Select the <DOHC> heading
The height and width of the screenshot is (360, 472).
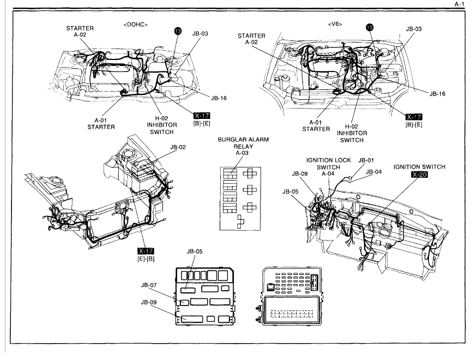(136, 24)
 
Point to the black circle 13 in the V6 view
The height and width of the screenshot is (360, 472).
(370, 27)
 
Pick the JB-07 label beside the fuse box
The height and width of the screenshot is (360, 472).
(149, 285)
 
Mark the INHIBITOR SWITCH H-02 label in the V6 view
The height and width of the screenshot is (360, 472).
(352, 133)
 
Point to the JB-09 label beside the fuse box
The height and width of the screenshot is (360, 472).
(149, 302)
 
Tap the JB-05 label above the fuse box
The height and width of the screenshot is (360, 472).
(195, 251)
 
